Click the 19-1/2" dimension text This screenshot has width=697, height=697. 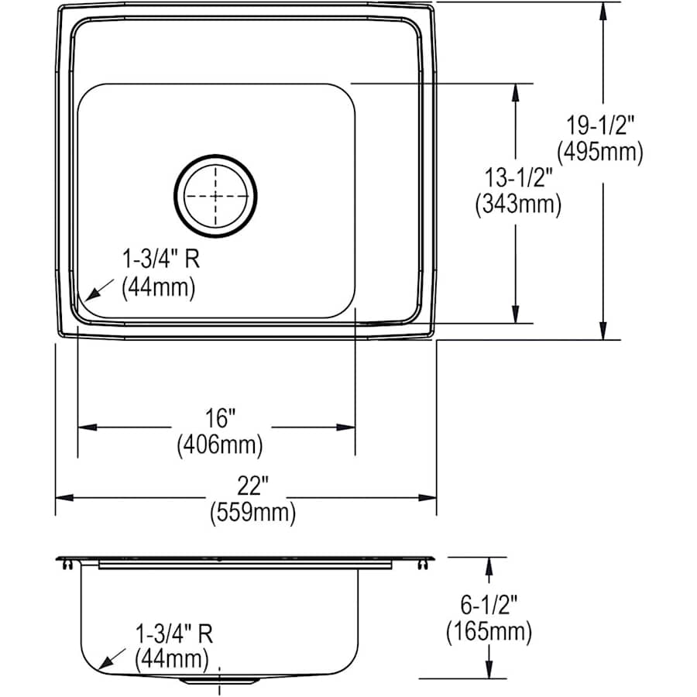[601, 124]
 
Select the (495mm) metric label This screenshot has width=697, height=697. [601, 152]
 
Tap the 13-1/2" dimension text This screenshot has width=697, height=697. [517, 178]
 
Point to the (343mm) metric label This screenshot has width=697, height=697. [517, 204]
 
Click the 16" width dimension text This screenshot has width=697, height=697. [221, 419]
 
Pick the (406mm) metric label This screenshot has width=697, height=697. [221, 445]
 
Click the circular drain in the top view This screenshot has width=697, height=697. [216, 197]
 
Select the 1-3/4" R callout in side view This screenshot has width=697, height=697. [172, 633]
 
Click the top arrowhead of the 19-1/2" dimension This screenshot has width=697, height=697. [603, 9]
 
